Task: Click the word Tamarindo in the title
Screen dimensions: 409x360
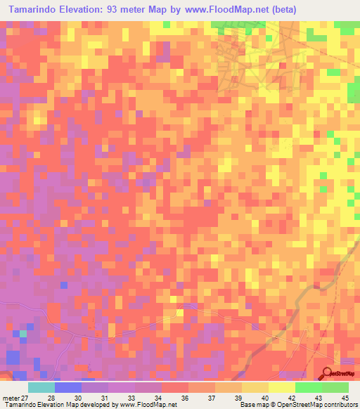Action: (35, 9)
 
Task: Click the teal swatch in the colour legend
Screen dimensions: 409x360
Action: (41, 387)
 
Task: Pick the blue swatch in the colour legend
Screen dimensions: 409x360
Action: (68, 387)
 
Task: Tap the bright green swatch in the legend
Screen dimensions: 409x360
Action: (309, 387)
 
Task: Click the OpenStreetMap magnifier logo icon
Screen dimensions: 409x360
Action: (328, 374)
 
